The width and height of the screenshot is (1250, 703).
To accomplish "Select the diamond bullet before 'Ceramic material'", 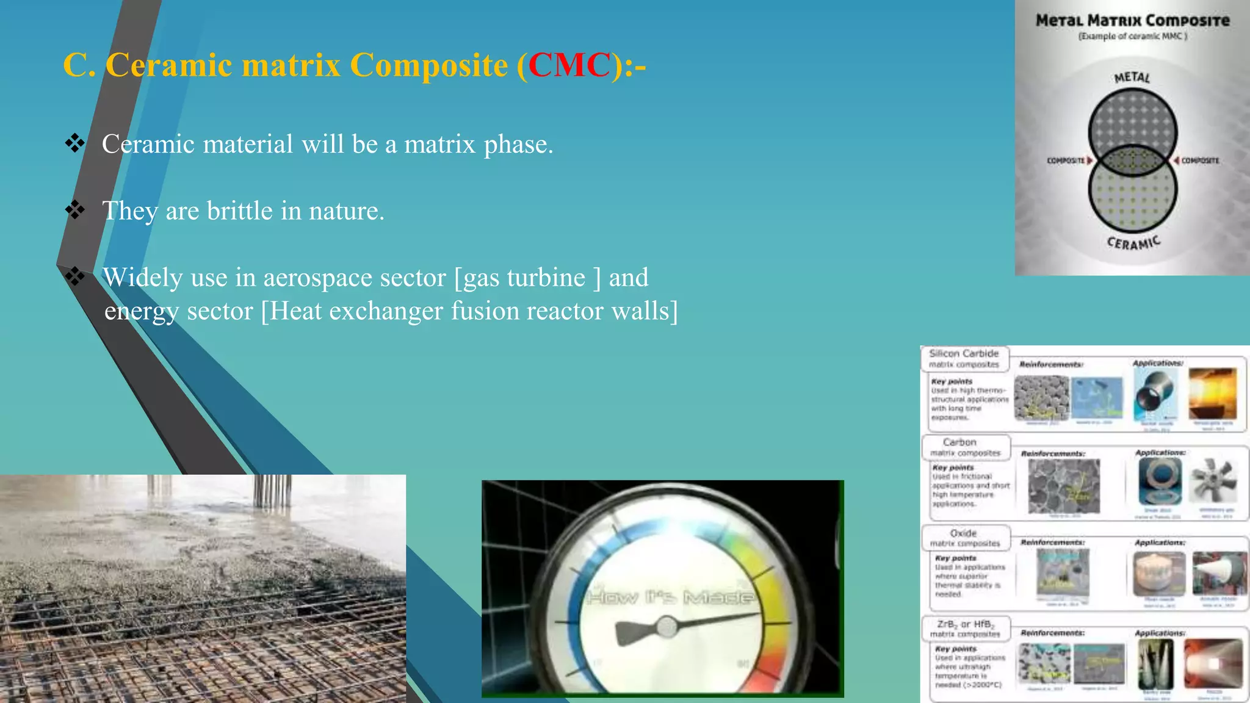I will pos(75,143).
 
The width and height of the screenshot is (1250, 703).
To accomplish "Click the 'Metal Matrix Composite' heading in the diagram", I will pos(1132,21).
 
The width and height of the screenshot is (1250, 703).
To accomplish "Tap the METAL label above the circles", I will pos(1132,78).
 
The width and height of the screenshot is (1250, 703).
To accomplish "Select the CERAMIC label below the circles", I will pos(1133,243).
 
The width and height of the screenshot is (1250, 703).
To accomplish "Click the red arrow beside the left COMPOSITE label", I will pos(1090,160).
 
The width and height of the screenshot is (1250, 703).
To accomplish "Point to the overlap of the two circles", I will pos(1133,160).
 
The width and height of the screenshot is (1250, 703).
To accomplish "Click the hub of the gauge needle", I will pos(667,626).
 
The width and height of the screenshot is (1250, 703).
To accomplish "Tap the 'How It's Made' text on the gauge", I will pos(670,597).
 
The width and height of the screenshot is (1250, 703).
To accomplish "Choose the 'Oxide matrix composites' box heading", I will pos(964,538).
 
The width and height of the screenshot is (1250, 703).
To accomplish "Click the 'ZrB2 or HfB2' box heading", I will pos(965,629).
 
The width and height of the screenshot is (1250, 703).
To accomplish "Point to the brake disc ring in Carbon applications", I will pos(1159,481).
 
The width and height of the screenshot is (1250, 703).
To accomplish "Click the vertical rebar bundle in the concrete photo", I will pos(272,492).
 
